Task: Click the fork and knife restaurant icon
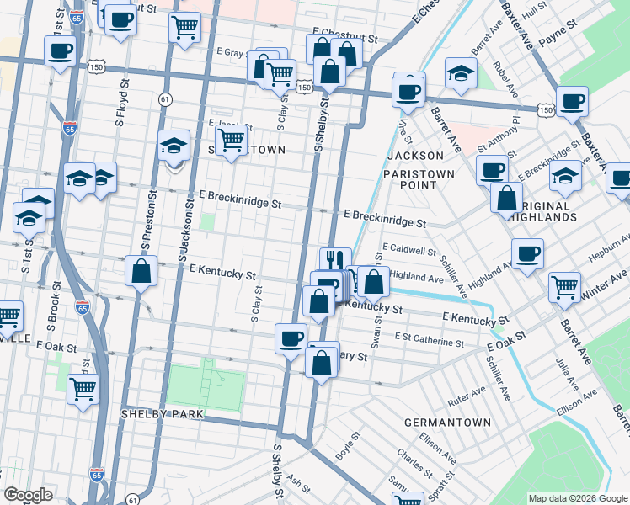[335, 259]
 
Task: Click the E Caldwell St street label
[408, 250]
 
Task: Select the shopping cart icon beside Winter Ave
[564, 286]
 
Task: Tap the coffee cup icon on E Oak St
[291, 338]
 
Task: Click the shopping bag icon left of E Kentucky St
[141, 271]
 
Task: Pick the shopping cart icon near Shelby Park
[83, 388]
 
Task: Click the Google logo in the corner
[29, 495]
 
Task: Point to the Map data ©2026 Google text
[577, 497]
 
